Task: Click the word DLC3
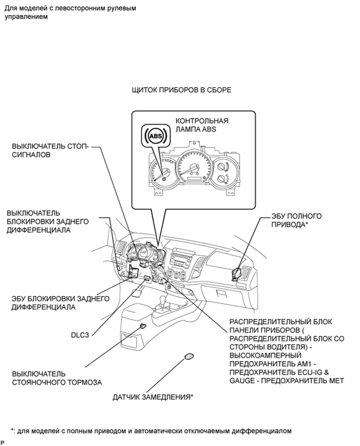coord(81,332)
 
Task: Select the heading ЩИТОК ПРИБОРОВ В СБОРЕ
coord(182,90)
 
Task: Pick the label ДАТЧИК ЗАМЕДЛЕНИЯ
coord(153,397)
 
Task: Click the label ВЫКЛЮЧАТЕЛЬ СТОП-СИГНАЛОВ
coord(47,151)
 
